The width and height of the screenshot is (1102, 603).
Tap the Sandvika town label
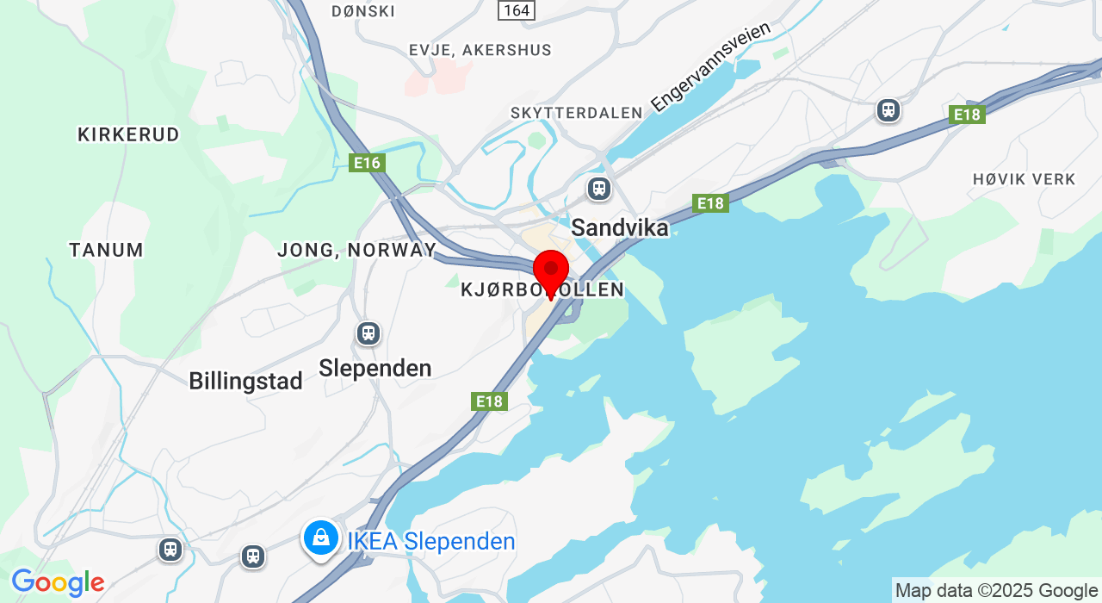tap(620, 227)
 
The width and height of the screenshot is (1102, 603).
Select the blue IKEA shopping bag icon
tap(321, 538)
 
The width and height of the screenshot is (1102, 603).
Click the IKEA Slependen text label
tap(431, 542)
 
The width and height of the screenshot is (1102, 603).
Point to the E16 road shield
tap(367, 163)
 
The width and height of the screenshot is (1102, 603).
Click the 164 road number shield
tap(517, 9)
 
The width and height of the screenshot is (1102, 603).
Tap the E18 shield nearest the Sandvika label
tap(710, 203)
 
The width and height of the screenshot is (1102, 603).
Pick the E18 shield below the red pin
tap(489, 401)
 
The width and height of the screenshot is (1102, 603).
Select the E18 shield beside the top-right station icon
tap(968, 115)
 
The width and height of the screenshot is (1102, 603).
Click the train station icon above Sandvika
tap(599, 188)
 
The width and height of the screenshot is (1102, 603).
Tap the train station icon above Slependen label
tap(368, 333)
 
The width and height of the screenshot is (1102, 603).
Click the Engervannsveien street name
tap(710, 67)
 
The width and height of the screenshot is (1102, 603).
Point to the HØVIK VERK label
tap(1024, 179)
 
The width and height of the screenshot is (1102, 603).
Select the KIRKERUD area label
tap(128, 134)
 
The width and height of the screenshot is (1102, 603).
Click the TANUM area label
tap(106, 250)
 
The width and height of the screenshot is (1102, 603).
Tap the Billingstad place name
tap(245, 381)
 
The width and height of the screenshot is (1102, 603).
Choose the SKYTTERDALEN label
tap(576, 113)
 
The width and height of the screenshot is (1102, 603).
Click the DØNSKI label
tap(363, 11)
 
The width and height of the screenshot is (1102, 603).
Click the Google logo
tap(58, 583)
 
